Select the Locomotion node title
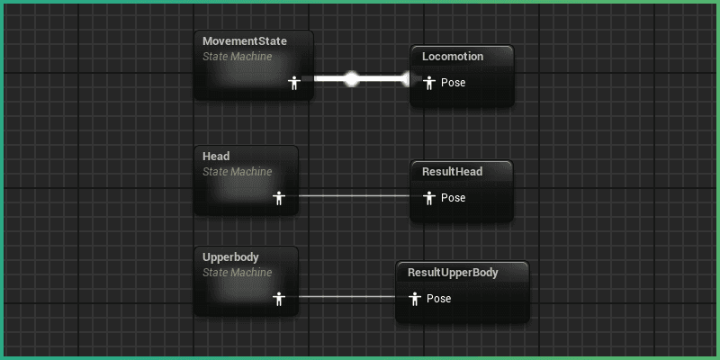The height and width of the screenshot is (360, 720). point(453,57)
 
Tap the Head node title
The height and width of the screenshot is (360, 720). point(216,157)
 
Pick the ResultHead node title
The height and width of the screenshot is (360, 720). point(453,172)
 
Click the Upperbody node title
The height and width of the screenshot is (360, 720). point(230,257)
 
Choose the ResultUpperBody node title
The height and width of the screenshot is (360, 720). point(453,273)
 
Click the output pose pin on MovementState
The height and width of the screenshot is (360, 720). point(293,83)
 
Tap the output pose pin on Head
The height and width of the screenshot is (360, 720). point(279,197)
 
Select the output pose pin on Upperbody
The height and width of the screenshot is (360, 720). point(279,298)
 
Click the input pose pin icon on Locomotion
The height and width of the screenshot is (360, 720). point(428,83)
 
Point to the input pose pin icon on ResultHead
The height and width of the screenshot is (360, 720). point(428,197)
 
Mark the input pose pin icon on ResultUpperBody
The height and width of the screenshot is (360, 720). point(414,298)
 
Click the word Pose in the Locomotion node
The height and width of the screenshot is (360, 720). point(453,83)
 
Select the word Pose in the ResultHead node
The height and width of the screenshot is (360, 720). point(453,197)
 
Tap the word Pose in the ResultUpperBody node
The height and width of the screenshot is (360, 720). point(438,298)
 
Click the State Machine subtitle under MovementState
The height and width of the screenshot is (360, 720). point(237,57)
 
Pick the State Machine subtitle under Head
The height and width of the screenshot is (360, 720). point(237,172)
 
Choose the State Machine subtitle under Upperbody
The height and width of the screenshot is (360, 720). point(237,273)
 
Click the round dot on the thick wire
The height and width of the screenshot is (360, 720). point(352,79)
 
